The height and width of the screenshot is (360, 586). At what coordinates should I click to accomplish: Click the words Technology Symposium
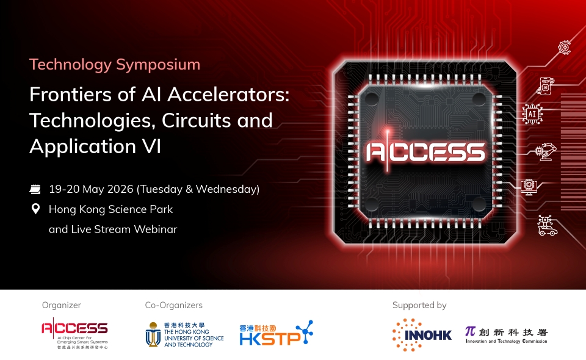[x=115, y=64]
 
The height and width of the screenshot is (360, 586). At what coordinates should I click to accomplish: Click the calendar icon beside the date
[x=35, y=189]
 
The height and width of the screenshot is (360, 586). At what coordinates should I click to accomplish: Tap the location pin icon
[x=35, y=209]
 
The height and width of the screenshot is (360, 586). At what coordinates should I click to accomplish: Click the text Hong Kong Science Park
[x=110, y=209]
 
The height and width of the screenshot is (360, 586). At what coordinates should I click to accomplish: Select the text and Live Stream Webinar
[x=113, y=229]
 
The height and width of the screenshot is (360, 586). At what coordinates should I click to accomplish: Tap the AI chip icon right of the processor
[x=532, y=114]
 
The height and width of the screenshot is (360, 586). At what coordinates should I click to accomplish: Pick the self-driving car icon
[x=546, y=226]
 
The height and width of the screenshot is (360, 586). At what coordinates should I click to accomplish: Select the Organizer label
[x=61, y=305]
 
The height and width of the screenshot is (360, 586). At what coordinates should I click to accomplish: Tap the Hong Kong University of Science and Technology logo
[x=184, y=334]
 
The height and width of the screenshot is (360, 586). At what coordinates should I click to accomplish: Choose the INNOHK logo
[x=422, y=334]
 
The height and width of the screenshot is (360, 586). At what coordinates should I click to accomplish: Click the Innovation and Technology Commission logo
[x=506, y=334]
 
